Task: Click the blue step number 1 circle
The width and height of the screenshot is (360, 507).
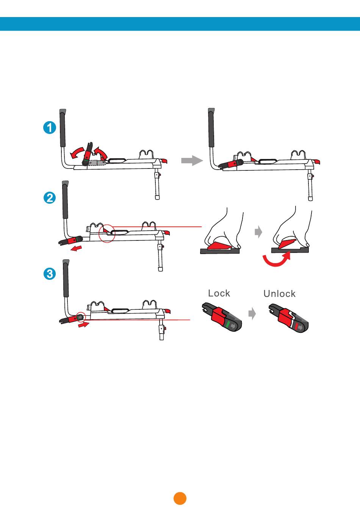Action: point(50,128)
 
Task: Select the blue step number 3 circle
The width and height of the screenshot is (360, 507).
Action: point(50,274)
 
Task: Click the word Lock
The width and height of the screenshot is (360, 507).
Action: point(219,293)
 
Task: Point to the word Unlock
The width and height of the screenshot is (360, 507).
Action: point(279,294)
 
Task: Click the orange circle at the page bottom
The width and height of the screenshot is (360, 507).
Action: point(180,498)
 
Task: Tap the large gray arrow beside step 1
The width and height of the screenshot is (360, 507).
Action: point(192,161)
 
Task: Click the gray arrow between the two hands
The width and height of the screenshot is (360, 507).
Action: point(258,232)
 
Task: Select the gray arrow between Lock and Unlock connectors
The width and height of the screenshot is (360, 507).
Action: point(252,314)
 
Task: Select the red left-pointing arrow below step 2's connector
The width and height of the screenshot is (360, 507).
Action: point(76,248)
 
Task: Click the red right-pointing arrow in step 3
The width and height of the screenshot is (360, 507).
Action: point(83,324)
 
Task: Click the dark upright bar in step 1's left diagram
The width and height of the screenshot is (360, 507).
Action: point(63,128)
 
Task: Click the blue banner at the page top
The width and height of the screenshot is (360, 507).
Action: point(180,24)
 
